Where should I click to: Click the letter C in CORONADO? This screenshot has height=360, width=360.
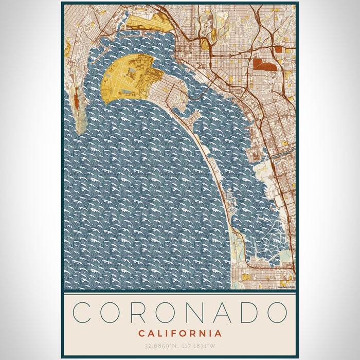point(84,312)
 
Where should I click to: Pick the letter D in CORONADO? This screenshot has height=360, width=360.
point(248,312)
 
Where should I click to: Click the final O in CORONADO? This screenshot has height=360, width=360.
point(276,312)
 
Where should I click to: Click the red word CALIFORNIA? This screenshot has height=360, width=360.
point(180,333)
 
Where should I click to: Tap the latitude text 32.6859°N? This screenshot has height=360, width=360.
point(161,346)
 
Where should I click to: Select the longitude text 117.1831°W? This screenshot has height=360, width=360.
point(200,346)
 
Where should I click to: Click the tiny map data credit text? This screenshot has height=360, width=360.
point(286,287)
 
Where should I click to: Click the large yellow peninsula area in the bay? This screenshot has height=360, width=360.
point(129,77)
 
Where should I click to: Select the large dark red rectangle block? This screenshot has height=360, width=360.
point(264,64)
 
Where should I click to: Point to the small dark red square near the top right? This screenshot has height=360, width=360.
point(279,49)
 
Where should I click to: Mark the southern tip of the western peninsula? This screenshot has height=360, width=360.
point(81,131)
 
